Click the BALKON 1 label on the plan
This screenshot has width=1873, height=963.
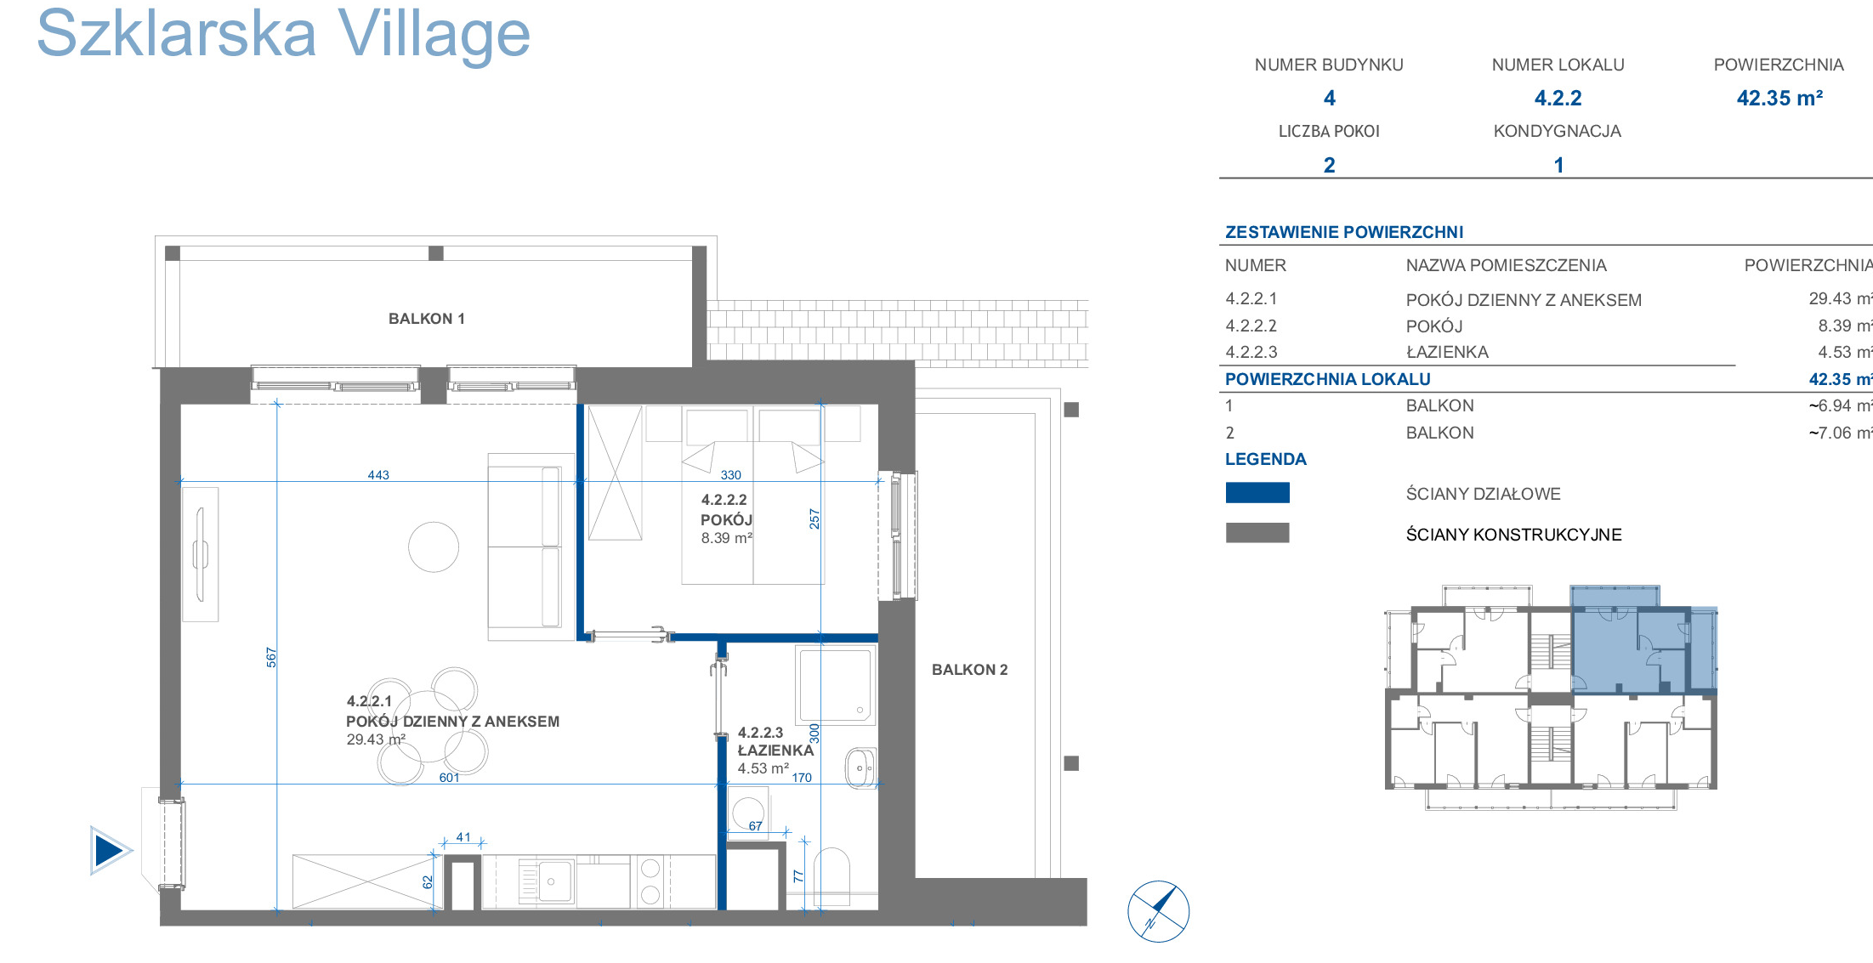click(426, 319)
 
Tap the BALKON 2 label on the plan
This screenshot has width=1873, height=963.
click(969, 670)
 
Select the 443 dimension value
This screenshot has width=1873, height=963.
click(378, 475)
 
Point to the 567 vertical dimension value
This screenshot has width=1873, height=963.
click(271, 657)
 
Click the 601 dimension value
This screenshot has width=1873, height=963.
click(449, 778)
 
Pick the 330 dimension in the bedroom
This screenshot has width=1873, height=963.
click(730, 475)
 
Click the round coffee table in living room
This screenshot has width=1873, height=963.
click(434, 547)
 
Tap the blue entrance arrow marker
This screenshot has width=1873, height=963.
click(111, 850)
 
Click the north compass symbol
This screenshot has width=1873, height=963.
click(1158, 911)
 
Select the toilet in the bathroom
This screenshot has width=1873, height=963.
click(831, 875)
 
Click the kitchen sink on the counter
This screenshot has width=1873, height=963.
click(546, 881)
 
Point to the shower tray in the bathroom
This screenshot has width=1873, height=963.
click(834, 684)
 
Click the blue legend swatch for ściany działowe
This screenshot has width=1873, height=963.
click(1257, 493)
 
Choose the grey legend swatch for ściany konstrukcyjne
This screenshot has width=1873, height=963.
click(1257, 533)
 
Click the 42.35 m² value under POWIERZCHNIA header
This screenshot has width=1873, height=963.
click(1779, 98)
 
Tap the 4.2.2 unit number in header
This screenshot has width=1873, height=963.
click(1558, 98)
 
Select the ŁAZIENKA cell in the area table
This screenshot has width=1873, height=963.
click(1447, 352)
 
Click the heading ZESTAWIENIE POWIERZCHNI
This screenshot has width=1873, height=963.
click(1344, 232)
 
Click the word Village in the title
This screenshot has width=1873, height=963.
click(434, 35)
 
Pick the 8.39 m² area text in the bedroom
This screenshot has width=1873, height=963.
click(726, 538)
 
